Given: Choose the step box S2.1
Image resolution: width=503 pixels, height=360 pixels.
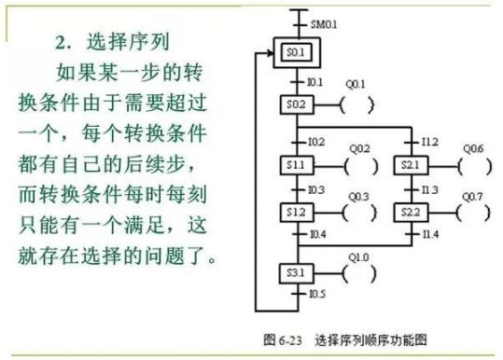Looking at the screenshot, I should click(411, 165).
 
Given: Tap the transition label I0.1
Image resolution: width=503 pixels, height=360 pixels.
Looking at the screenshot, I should click(315, 81).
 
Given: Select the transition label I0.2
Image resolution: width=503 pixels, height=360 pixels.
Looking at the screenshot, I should click(315, 143).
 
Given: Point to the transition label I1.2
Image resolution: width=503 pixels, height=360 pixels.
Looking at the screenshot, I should click(430, 143).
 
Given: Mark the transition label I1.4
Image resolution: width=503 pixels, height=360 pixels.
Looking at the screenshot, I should click(430, 232).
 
